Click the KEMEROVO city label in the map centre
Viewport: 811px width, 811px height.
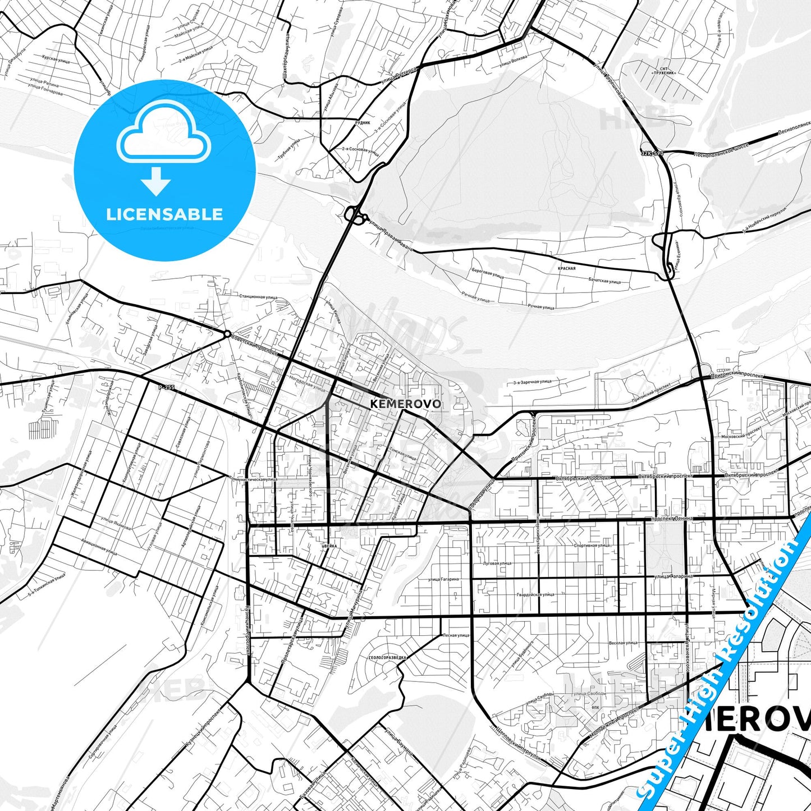(406, 404)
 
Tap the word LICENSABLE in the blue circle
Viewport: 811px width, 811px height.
(164, 214)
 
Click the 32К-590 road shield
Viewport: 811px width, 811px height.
(652, 153)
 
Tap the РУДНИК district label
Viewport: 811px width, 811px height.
(363, 122)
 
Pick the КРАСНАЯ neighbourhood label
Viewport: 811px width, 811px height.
(567, 268)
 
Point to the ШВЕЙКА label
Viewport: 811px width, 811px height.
(329, 546)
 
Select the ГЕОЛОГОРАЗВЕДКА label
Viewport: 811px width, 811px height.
(388, 657)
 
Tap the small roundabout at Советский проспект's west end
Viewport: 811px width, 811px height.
(227, 334)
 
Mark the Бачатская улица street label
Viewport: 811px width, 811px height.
(604, 281)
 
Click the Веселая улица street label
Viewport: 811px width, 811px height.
(623, 643)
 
